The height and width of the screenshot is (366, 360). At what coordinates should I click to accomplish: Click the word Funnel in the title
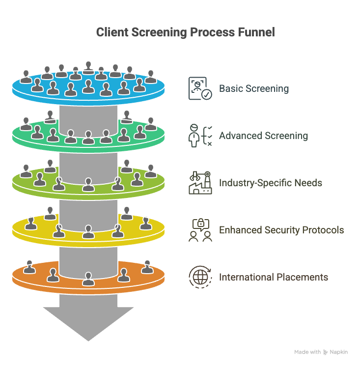point(256,32)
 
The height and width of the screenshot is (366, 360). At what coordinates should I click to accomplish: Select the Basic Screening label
point(254,89)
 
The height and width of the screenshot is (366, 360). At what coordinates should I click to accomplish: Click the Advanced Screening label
point(263,136)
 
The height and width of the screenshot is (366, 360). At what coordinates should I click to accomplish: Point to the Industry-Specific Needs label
point(271,183)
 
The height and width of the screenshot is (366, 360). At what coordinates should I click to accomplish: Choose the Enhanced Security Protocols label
point(281,230)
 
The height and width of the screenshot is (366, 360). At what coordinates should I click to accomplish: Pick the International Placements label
point(274,277)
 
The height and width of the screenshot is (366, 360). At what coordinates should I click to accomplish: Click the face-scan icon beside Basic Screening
point(200,88)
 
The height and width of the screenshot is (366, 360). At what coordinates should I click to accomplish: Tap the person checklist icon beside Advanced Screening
point(200,136)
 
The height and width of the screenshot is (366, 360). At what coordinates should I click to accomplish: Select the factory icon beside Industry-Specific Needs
point(200,183)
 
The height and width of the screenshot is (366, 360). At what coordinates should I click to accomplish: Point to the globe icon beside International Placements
point(200,277)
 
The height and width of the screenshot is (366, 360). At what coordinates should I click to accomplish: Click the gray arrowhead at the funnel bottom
point(88,324)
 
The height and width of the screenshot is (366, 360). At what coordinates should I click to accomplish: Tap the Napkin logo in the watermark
point(326,352)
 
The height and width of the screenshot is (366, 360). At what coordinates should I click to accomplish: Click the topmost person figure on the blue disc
point(88,68)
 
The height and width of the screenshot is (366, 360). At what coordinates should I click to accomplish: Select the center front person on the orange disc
point(88,279)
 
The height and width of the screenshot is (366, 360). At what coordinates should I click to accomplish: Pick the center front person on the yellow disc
point(88,231)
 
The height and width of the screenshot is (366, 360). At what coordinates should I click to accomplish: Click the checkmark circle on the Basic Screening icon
point(207,94)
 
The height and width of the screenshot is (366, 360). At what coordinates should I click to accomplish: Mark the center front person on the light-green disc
point(88,184)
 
